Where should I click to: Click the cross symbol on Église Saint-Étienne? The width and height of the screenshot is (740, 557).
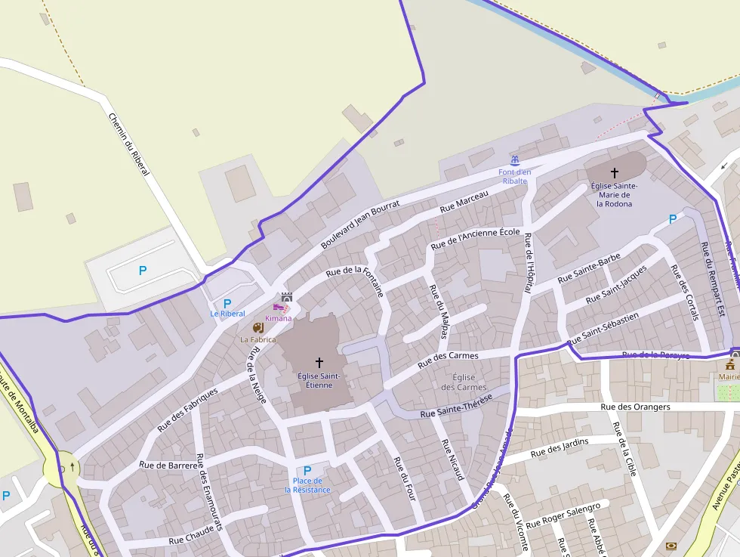pos(319,362)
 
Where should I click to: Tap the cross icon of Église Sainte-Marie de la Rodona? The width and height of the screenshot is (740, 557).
pos(614,173)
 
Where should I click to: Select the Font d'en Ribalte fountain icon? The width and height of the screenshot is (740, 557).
pos(515,160)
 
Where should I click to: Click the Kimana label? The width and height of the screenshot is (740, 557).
pos(278,318)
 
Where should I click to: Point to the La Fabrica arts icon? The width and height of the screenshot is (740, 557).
pos(258,328)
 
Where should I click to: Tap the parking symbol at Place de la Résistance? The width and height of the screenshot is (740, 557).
pos(307,470)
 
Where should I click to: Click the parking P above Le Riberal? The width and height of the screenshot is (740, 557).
pos(227,303)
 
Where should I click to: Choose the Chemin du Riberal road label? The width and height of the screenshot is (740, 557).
pos(128,145)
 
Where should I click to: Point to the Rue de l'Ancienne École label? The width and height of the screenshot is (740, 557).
pos(476,238)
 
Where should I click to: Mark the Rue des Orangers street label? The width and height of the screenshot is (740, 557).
pos(635,407)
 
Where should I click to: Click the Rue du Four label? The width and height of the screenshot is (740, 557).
pos(405,479)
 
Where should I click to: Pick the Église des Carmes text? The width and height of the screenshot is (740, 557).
pos(464,382)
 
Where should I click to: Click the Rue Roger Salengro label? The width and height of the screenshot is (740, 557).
pos(563,515)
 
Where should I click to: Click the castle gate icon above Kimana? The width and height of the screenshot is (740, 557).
pos(286,297)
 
